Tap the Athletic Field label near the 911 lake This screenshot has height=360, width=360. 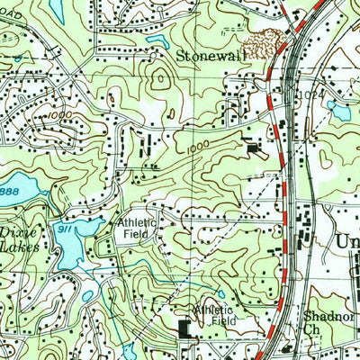point(135,229)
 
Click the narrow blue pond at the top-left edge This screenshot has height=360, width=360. point(58,9)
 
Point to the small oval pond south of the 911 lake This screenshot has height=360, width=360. point(88,296)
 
